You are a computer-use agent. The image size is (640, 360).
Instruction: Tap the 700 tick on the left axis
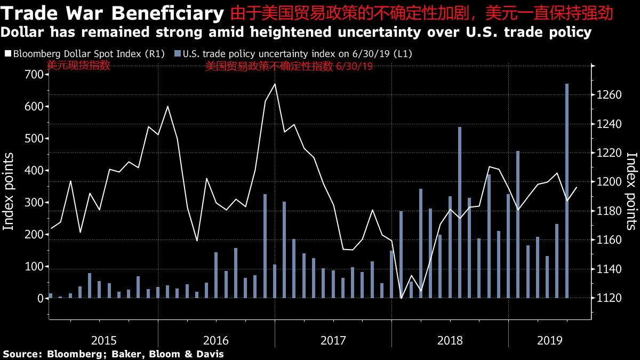coord(34,74)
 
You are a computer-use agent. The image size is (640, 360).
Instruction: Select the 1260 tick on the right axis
coord(608,95)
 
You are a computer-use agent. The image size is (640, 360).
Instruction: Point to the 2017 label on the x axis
coord(333,340)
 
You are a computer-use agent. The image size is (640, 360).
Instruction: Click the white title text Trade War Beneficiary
coord(113,12)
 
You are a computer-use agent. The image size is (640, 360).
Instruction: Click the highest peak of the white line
coord(275,84)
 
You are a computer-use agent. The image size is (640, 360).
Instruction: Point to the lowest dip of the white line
coord(401,298)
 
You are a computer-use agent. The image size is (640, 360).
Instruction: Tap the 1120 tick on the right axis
coord(608,298)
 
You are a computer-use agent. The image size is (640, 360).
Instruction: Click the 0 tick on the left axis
coord(40,299)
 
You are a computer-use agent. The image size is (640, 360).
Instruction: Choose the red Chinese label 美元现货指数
coord(78,66)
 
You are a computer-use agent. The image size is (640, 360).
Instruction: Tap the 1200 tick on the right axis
coord(608,182)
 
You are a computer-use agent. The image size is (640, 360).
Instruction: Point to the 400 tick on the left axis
coord(34,171)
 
